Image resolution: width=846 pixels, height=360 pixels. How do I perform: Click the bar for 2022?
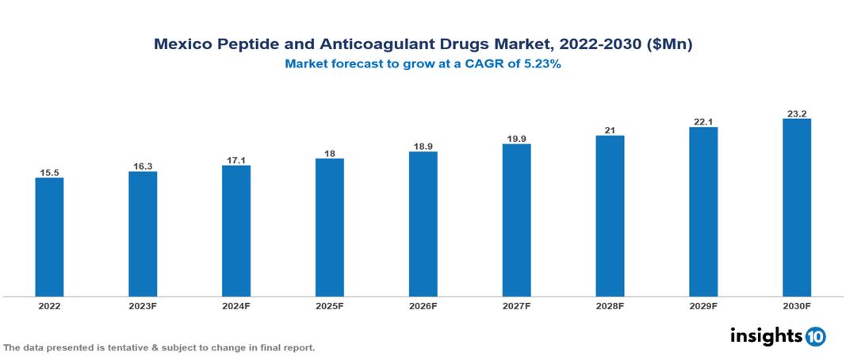pyautogui.click(x=49, y=237)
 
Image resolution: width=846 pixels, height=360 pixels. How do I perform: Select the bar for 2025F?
pyautogui.click(x=329, y=228)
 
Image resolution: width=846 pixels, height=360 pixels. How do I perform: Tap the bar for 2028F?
pyautogui.click(x=610, y=216)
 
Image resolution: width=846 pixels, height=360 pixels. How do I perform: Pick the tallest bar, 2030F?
pyautogui.click(x=796, y=208)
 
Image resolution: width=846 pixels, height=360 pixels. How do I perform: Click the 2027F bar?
pyautogui.click(x=516, y=220)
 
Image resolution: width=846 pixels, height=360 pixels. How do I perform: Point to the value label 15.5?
pyautogui.click(x=49, y=172)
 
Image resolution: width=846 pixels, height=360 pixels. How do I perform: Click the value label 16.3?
pyautogui.click(x=143, y=166)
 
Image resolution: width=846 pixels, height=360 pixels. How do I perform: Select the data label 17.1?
pyautogui.click(x=236, y=159)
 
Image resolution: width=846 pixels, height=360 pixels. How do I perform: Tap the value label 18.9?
pyautogui.click(x=423, y=146)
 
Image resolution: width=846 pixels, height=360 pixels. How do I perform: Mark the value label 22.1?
pyautogui.click(x=703, y=121)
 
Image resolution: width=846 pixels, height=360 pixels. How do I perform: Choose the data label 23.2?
pyautogui.click(x=796, y=113)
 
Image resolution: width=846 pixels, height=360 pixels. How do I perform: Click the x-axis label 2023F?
pyautogui.click(x=143, y=305)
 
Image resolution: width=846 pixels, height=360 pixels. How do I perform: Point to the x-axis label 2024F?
pyautogui.click(x=236, y=305)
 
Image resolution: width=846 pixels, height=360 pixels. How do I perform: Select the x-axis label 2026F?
pyautogui.click(x=423, y=305)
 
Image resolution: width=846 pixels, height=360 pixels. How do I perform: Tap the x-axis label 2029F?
pyautogui.click(x=703, y=305)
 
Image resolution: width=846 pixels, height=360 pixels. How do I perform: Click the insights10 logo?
pyautogui.click(x=777, y=336)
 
